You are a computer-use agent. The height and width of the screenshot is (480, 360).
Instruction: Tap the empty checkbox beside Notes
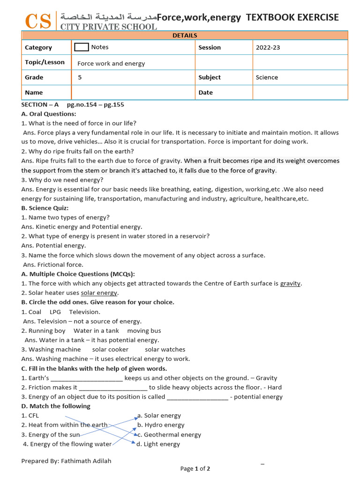coord(82,47)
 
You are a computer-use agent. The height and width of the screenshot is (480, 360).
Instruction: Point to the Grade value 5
coord(80,77)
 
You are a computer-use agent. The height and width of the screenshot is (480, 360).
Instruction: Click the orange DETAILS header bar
coord(185,36)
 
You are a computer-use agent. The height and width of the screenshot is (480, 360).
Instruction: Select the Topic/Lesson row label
coord(45,62)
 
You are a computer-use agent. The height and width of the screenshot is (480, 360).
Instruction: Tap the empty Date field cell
coord(300,92)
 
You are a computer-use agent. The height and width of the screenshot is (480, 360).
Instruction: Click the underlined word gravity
coord(291,284)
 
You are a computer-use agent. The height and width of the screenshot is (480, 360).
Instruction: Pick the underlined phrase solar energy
coord(99,293)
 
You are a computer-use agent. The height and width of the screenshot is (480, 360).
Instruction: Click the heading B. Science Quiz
coord(45,208)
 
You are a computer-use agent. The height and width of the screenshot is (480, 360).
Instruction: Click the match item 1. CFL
coord(30,416)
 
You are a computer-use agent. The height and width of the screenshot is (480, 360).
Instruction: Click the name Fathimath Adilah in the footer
coord(86,461)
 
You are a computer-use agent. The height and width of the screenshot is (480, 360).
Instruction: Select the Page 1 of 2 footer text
coord(195,469)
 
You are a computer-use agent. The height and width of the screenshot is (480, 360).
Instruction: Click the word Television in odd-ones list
coord(84,312)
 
